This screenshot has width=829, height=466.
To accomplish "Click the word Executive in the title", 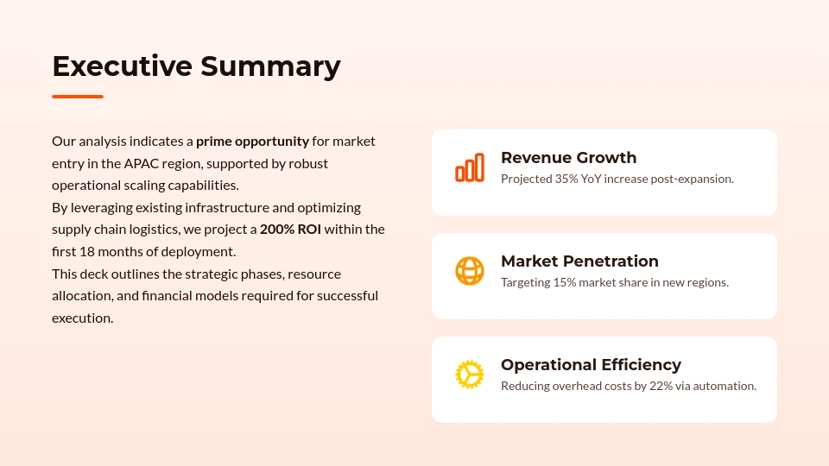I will [x=122, y=66].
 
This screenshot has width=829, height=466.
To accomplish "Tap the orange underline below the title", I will [x=78, y=97].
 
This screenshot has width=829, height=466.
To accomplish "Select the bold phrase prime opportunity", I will [x=252, y=141].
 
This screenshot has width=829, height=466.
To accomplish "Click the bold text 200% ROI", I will [x=290, y=230].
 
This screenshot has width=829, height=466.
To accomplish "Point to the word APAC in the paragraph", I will [x=141, y=163].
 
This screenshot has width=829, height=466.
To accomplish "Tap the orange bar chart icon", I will [x=470, y=168].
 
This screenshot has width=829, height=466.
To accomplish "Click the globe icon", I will [x=470, y=271].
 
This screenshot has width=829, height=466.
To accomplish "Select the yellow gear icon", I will [x=470, y=375].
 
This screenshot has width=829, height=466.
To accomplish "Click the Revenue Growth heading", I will [x=568, y=158].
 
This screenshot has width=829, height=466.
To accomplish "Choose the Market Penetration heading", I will [x=579, y=261].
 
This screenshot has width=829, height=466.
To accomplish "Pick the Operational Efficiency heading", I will [x=591, y=365].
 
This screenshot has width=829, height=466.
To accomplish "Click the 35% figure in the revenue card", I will [x=566, y=179].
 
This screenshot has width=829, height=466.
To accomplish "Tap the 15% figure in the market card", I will [x=564, y=282].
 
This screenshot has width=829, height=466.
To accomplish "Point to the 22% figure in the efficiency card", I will [x=661, y=386].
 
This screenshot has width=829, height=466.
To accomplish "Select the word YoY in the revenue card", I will [x=592, y=179].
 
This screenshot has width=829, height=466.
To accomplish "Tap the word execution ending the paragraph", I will [x=82, y=318].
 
